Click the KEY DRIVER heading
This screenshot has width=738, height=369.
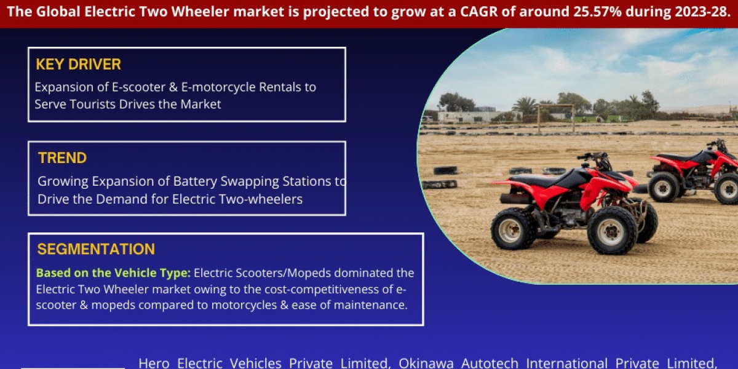click(79, 64)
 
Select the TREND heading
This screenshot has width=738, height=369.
click(62, 158)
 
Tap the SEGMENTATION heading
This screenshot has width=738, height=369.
click(96, 249)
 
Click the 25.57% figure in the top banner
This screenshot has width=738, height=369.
click(597, 12)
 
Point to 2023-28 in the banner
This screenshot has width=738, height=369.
click(700, 12)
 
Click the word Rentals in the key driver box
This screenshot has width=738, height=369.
click(280, 87)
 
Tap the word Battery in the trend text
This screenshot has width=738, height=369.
click(194, 181)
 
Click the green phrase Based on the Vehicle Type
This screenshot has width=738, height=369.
click(113, 273)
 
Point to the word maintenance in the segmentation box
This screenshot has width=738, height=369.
click(371, 305)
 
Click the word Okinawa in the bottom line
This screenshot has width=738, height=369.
click(426, 363)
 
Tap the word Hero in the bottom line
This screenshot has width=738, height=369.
click(154, 363)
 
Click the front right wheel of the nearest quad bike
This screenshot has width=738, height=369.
click(612, 230)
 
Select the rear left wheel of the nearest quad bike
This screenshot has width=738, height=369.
click(514, 228)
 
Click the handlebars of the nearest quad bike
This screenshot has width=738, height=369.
click(595, 157)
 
